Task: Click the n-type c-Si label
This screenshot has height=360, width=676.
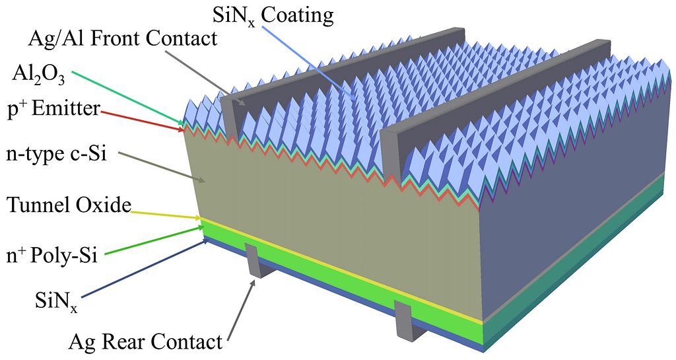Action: (55, 156)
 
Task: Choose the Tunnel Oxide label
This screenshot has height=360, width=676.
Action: (67, 205)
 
